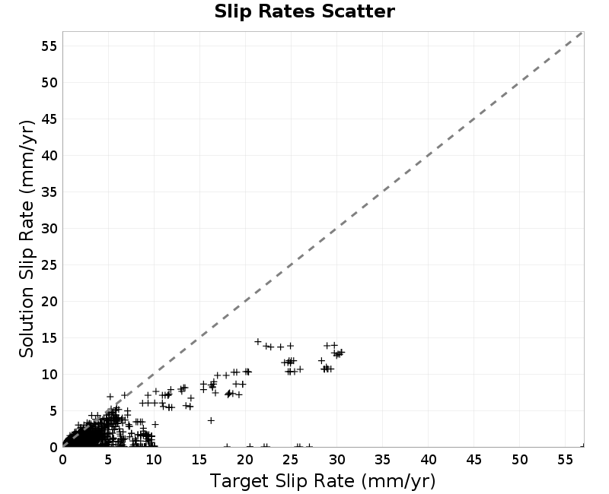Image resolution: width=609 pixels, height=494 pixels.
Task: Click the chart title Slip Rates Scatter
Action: pos(304,11)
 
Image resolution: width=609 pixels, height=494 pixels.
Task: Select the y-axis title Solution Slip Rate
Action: pos(27,239)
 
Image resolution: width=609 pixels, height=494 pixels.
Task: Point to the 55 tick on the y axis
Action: pos(49,46)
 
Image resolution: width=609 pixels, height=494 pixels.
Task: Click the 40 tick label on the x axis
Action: pos(429,460)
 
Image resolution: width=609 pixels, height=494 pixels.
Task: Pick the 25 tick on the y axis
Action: pos(49,265)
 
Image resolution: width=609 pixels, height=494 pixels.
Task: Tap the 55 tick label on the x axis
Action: pos(565,460)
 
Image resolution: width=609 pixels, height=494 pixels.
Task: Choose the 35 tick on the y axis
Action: pos(49,192)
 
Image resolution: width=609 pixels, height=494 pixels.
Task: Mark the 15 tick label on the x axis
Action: pos(199,460)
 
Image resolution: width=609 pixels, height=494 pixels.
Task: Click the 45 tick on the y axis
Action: pos(49,119)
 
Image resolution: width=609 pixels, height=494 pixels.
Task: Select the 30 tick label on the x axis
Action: pos(336,460)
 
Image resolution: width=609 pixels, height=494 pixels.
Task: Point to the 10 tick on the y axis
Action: pos(49,375)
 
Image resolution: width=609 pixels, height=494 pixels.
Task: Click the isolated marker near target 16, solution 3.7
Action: pos(211,420)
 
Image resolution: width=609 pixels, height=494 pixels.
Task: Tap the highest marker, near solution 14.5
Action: pos(258,341)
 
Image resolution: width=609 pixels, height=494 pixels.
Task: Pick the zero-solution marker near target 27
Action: pos(309,446)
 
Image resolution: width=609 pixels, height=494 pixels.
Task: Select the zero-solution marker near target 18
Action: pos(227,446)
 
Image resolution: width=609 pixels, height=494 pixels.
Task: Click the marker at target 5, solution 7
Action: pos(110,397)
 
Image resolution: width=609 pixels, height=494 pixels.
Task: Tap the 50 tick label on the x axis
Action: pos(520,460)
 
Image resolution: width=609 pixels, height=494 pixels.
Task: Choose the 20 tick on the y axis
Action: pos(49,302)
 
